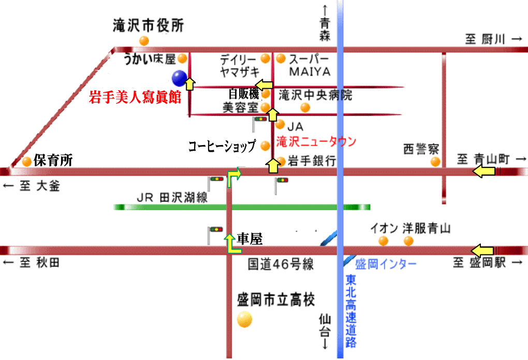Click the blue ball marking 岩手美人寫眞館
click(x=180, y=78)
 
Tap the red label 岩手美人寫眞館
click(x=135, y=97)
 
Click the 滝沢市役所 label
click(x=148, y=26)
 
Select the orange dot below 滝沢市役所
click(x=144, y=40)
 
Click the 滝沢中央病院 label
click(x=315, y=95)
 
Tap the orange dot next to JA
click(x=280, y=125)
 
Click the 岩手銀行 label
click(x=312, y=161)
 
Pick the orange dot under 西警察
click(x=435, y=162)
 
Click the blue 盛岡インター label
click(x=386, y=264)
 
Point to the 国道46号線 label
click(x=281, y=265)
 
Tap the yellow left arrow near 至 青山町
click(x=484, y=171)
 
